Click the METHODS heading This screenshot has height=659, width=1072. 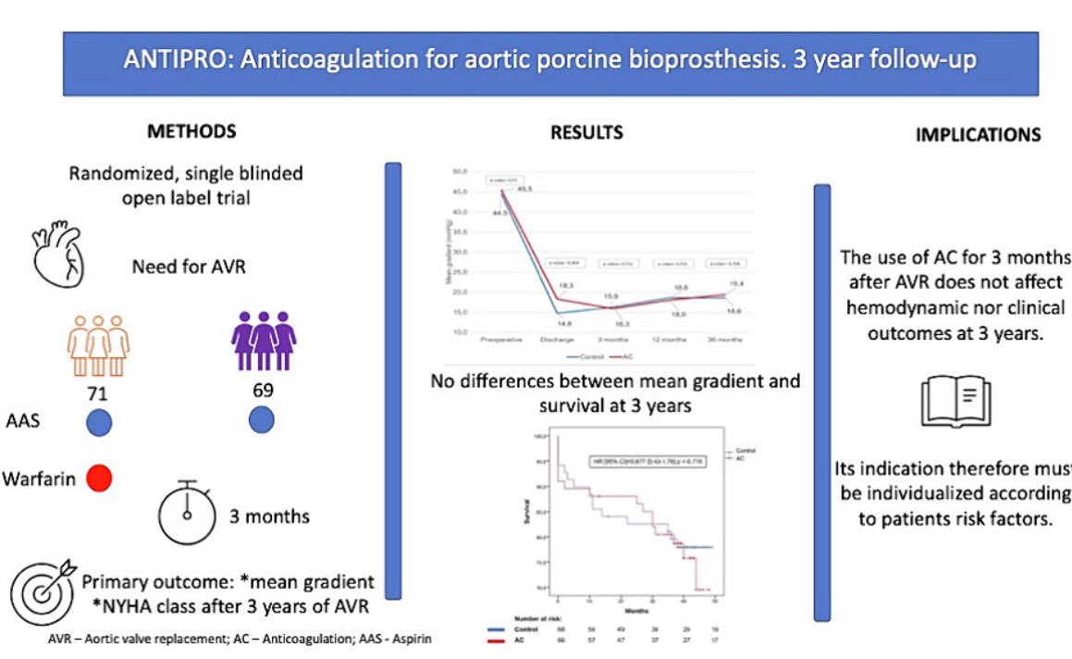pos(191,131)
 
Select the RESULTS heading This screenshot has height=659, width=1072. pos(586,132)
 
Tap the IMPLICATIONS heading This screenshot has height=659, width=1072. pos(978,134)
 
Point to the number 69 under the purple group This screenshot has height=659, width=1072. pos(265,390)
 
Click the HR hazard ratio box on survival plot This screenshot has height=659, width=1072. pos(647,460)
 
